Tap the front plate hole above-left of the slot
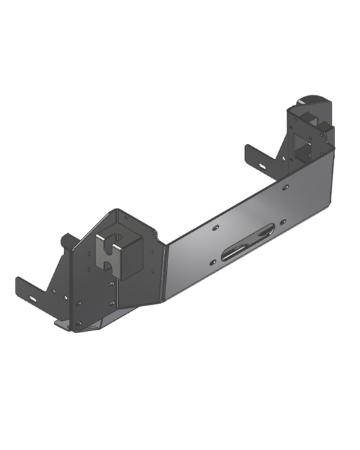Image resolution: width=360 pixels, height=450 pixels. (214, 228)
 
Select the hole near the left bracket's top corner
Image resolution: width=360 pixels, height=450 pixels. (126, 218)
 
